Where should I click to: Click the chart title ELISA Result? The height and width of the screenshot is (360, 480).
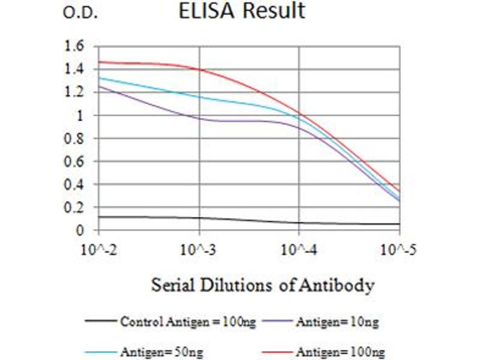(242, 11)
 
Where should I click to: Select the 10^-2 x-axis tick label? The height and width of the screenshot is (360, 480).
(99, 249)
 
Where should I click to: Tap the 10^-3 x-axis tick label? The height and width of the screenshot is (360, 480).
(199, 249)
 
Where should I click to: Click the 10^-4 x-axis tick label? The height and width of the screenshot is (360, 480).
(299, 249)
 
